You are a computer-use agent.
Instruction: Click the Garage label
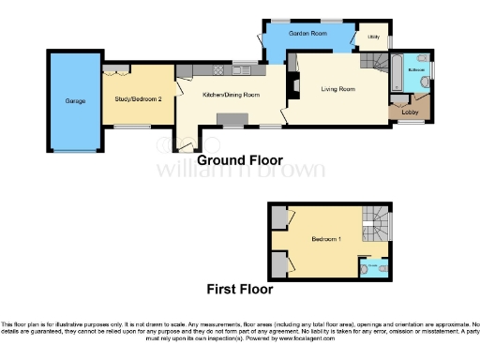(x=76, y=100)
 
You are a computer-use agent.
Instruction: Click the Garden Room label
(x=307, y=34)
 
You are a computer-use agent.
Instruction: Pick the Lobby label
(x=410, y=111)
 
